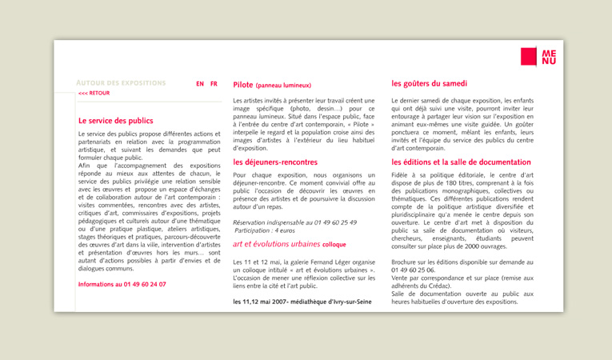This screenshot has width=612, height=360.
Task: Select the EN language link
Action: point(200,83)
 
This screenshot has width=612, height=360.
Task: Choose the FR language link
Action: point(214,83)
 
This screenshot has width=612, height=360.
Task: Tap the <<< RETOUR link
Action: point(94,94)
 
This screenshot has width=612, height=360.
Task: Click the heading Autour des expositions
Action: point(121,83)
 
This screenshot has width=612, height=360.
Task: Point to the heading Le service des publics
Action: point(115,121)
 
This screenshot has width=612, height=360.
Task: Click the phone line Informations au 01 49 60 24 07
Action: point(122,284)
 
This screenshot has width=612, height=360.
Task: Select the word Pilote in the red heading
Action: point(242,84)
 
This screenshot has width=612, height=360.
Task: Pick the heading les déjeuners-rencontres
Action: point(274,162)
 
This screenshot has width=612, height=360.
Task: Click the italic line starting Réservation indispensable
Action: point(294,222)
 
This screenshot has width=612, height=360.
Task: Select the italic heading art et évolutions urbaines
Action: point(276,244)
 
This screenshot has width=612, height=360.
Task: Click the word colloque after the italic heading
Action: point(334,245)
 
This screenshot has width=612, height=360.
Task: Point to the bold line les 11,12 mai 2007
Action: point(302,302)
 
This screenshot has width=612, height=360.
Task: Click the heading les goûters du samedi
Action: point(429,83)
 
